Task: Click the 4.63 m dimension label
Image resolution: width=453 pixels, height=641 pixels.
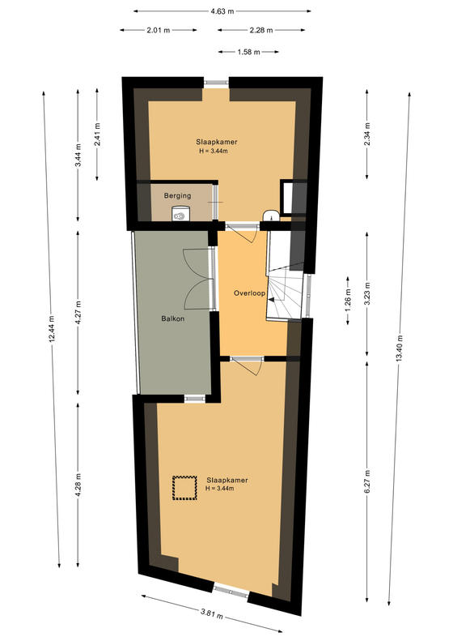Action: coord(222,11)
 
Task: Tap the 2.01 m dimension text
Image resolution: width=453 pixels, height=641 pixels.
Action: coord(159,30)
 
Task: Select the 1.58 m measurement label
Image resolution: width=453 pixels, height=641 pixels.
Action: coord(248,53)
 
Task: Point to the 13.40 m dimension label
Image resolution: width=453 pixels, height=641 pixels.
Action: coord(399,348)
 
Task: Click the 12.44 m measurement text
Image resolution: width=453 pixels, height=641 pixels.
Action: coord(52,329)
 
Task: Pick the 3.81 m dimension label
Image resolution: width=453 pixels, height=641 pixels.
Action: coord(212,613)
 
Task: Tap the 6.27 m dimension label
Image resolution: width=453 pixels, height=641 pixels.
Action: coord(367,481)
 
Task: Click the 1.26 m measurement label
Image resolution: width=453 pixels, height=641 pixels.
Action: coord(348,301)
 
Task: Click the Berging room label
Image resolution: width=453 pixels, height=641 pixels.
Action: coord(177,196)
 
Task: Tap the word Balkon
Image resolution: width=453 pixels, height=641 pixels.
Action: coord(172,318)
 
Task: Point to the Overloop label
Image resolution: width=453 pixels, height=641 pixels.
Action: coord(249,293)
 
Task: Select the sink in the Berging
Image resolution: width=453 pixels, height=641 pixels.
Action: coord(180,213)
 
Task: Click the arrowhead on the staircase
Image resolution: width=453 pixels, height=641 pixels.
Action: coord(271,300)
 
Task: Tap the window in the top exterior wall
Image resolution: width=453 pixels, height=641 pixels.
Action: coord(216,82)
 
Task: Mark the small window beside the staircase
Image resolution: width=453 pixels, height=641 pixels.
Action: coord(308,295)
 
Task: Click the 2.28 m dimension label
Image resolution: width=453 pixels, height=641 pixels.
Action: coord(261,30)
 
